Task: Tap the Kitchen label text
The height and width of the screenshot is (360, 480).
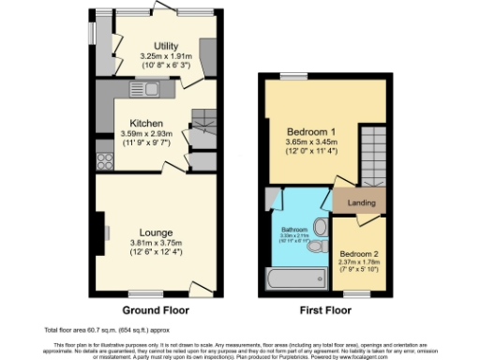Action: tap(147, 124)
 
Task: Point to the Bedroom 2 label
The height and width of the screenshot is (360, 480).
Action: tap(359, 254)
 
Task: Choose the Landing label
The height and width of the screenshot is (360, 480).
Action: tap(361, 202)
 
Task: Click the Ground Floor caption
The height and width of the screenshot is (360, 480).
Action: tap(156, 309)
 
